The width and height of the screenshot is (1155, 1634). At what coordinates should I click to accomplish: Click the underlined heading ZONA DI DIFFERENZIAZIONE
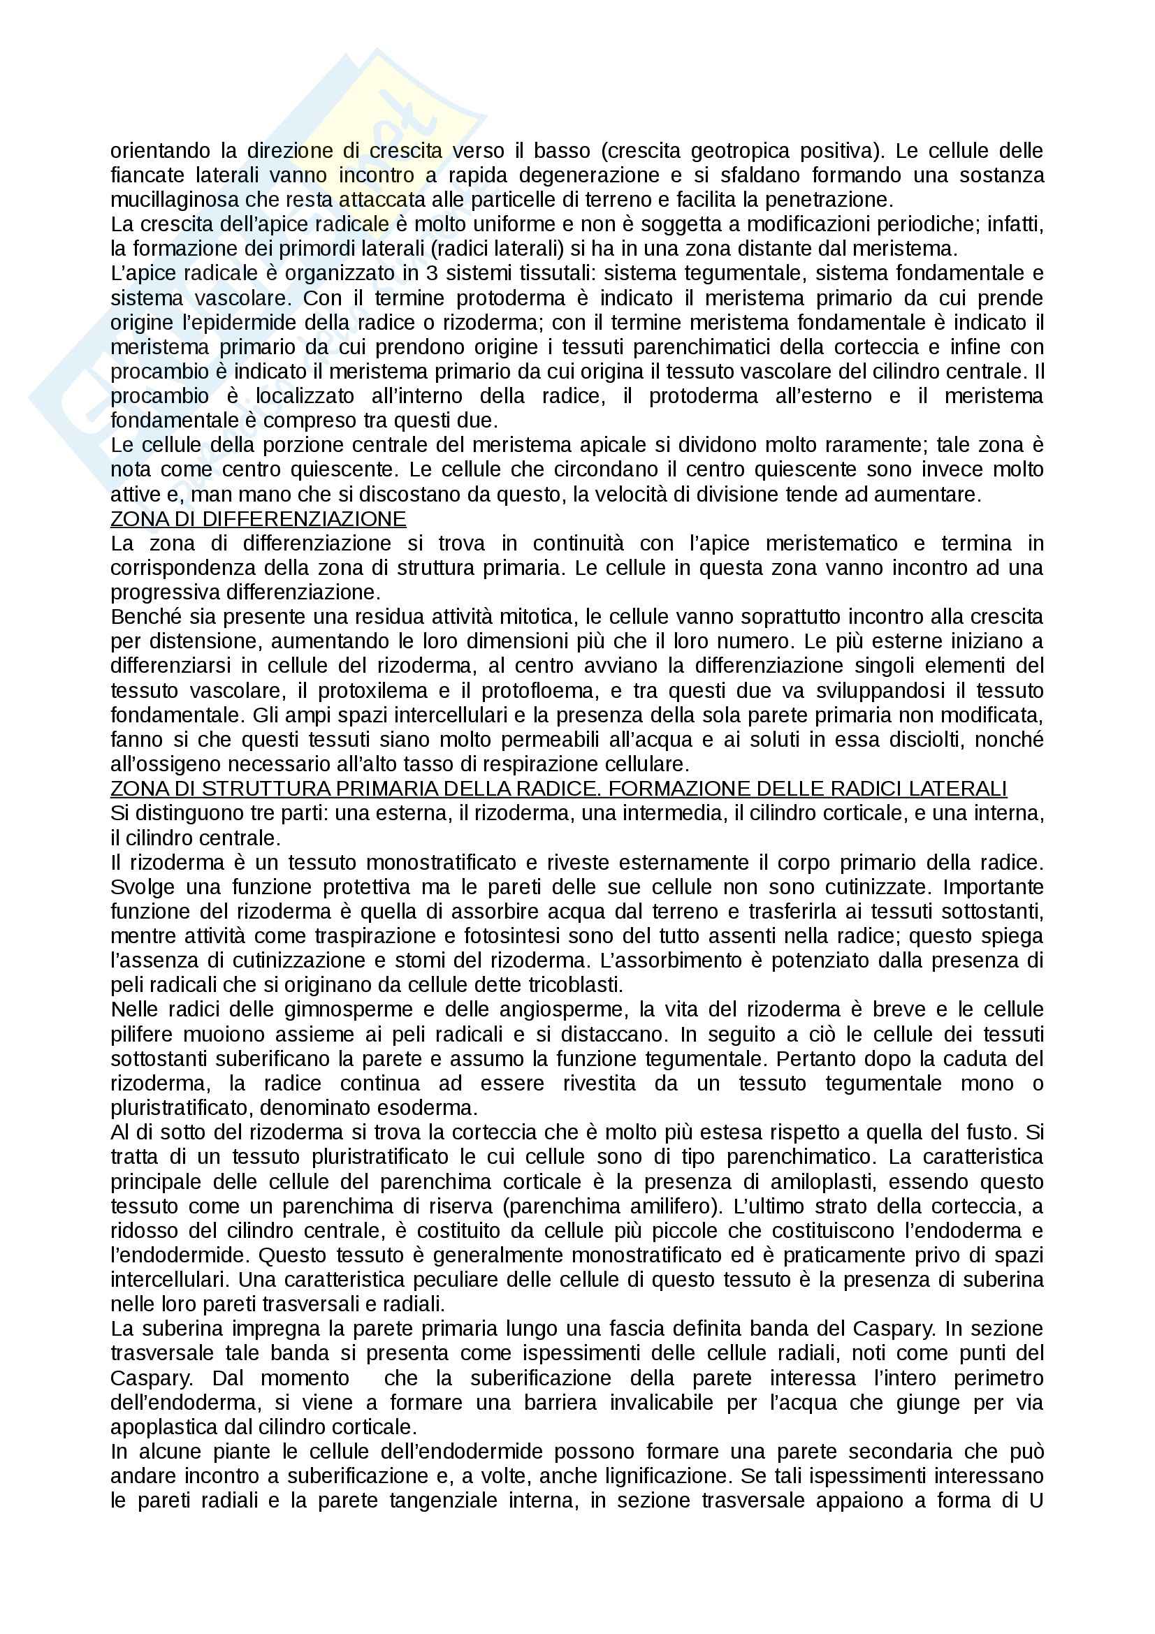point(258,519)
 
